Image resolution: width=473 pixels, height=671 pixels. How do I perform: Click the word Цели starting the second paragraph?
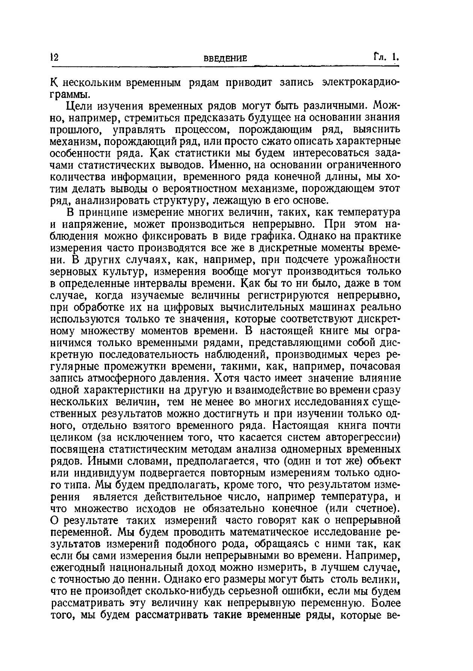[79, 106]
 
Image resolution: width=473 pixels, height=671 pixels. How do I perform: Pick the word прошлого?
[76, 130]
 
